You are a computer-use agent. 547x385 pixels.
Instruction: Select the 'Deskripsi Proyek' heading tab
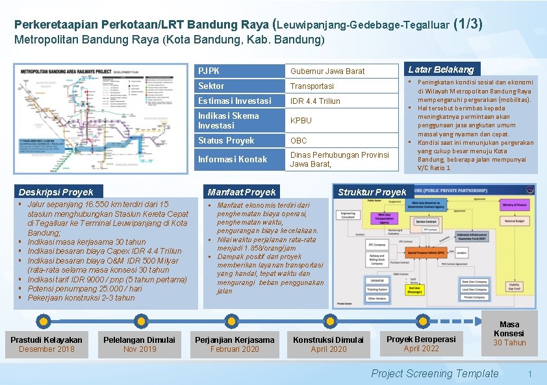pyautogui.click(x=56, y=192)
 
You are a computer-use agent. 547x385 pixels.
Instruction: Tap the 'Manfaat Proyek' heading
pyautogui.click(x=241, y=192)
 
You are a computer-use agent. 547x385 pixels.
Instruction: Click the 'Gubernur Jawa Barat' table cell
pyautogui.click(x=327, y=71)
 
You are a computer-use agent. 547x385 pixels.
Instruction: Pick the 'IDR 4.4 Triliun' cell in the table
pyautogui.click(x=315, y=101)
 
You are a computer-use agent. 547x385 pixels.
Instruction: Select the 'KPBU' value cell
pyautogui.click(x=301, y=120)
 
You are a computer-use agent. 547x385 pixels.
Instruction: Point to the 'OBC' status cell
pyautogui.click(x=299, y=140)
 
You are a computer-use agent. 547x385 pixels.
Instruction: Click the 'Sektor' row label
pyautogui.click(x=211, y=86)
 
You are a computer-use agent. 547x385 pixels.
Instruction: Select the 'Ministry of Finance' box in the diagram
pyautogui.click(x=514, y=205)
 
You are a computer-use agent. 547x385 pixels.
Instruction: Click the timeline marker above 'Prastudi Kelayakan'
pyautogui.click(x=44, y=319)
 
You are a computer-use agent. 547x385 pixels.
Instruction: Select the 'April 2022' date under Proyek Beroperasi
pyautogui.click(x=421, y=349)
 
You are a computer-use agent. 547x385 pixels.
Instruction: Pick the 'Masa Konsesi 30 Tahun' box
pyautogui.click(x=509, y=334)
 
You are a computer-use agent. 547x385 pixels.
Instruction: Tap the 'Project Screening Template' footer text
pyautogui.click(x=434, y=373)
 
